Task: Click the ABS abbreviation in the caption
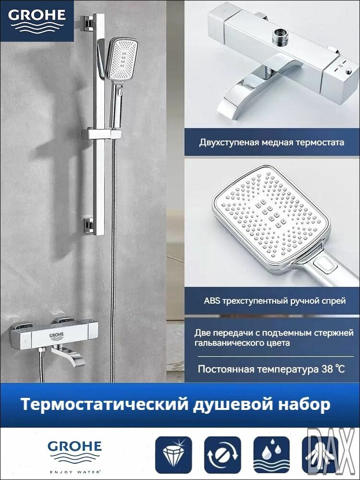click(211, 301)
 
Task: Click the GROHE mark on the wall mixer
click(56, 335)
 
